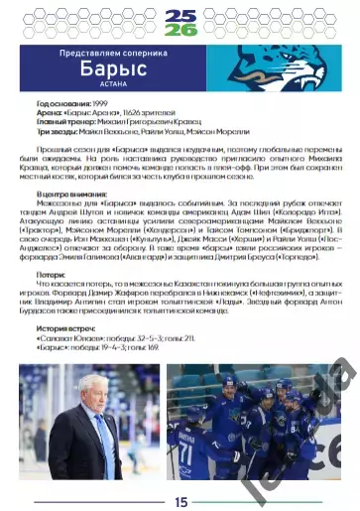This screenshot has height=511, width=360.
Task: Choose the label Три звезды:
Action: coord(59,132)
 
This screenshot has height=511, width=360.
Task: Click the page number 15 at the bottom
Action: coord(180,501)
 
